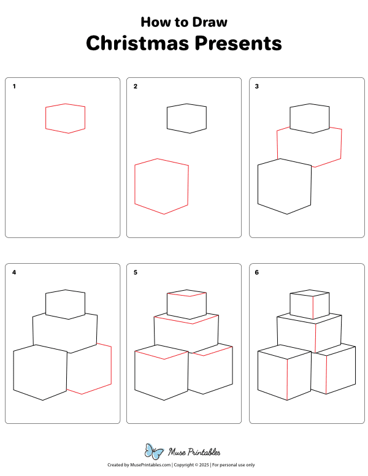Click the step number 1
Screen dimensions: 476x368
coord(14,86)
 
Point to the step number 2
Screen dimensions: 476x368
coord(136,86)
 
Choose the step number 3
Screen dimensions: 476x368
coord(257,86)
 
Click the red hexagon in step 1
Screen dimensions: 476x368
coord(65,118)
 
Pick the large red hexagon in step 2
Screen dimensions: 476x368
coord(161,186)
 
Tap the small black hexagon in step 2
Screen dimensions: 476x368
coord(186,118)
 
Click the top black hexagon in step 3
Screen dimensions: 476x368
coord(309,118)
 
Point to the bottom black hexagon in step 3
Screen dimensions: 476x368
coord(285,186)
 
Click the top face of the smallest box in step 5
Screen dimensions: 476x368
coord(186,293)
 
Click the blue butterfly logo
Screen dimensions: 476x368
coord(153,451)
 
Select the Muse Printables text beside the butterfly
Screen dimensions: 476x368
coord(194,453)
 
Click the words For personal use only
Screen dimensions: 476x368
coord(234,466)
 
